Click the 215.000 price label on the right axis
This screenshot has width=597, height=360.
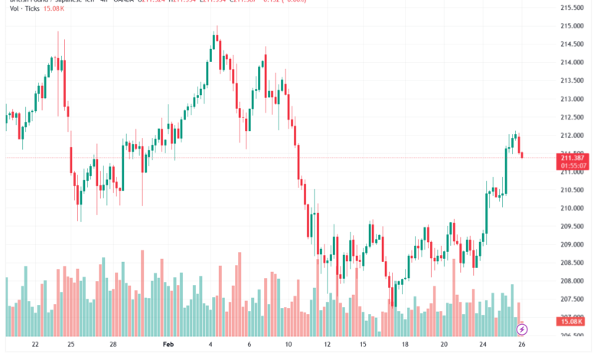[573, 26]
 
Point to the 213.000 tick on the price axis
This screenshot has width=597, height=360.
[573, 99]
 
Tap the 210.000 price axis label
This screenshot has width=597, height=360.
[573, 208]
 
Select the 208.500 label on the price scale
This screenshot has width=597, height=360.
[573, 263]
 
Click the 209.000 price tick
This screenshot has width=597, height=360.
[573, 244]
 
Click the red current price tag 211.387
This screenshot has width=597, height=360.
[573, 156]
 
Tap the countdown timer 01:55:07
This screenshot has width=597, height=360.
[573, 165]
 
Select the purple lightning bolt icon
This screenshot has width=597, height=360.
[522, 329]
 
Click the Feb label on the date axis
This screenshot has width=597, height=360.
[168, 345]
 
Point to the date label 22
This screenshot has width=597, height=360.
[35, 345]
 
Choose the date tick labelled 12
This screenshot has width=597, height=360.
[327, 345]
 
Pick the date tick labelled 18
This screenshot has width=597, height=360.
[405, 345]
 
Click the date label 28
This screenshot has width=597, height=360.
[113, 345]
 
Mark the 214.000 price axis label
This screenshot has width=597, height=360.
[573, 63]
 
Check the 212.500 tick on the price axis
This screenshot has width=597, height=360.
[573, 117]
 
